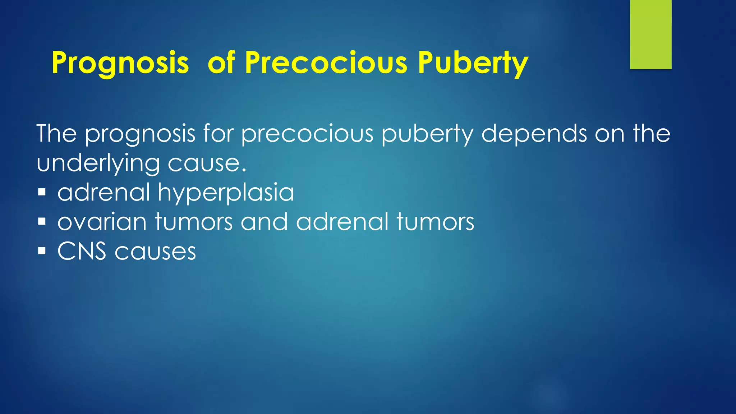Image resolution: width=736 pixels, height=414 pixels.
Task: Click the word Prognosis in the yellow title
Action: (x=120, y=63)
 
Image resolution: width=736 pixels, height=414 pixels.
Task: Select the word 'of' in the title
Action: (x=221, y=63)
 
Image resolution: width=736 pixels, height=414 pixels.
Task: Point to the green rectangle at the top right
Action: (x=650, y=34)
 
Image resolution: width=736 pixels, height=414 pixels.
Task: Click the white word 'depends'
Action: (x=534, y=134)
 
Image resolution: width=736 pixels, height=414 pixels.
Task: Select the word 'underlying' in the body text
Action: (x=98, y=164)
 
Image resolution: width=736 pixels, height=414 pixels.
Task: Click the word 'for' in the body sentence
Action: (x=218, y=133)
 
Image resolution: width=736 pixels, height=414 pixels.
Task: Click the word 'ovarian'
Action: (x=102, y=222)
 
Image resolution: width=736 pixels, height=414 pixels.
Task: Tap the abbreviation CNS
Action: (x=82, y=251)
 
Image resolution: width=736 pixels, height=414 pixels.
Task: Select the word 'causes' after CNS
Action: (x=155, y=252)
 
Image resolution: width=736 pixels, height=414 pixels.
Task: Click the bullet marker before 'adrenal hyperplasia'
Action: (x=42, y=192)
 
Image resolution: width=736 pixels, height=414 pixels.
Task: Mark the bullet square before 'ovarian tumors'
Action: (x=42, y=221)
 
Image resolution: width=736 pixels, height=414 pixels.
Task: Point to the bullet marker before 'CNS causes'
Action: (x=42, y=250)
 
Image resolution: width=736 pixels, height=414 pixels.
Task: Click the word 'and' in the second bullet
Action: (x=264, y=222)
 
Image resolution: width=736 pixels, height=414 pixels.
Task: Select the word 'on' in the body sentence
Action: (x=609, y=134)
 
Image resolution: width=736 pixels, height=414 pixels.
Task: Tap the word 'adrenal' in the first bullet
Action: (x=103, y=192)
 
